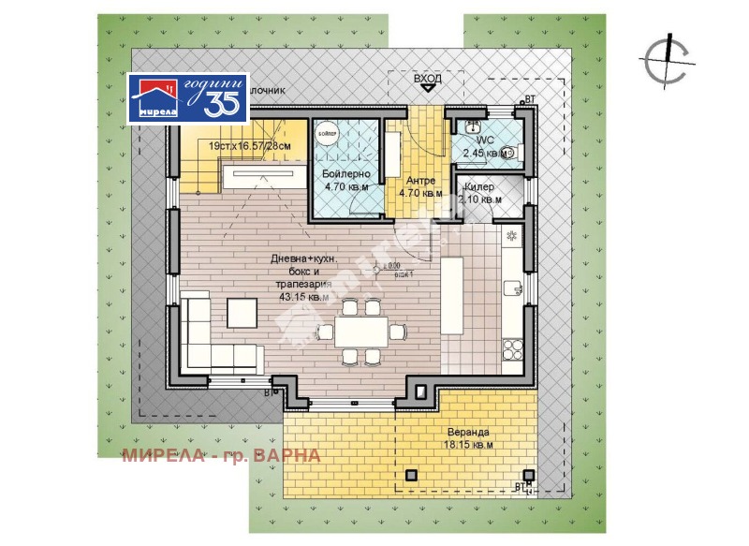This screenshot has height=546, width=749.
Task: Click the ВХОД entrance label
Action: click(x=428, y=80)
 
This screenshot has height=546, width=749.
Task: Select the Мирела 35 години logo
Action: click(x=188, y=98)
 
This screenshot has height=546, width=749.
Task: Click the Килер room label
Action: click(x=479, y=186)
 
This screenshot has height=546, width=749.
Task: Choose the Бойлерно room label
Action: click(x=345, y=175)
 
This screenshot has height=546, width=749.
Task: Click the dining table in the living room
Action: click(x=352, y=330)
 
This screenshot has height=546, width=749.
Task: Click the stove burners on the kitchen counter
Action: click(x=513, y=349)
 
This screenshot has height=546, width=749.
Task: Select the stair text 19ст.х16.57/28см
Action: click(x=250, y=147)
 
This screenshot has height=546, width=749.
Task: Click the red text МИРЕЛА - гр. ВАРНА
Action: click(x=221, y=456)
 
